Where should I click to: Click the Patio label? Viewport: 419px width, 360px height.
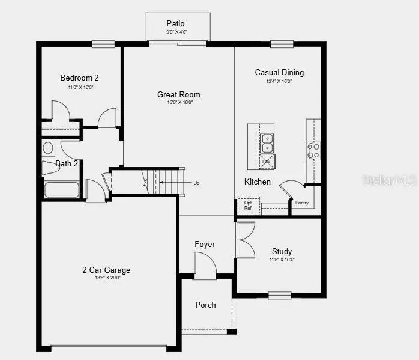176,23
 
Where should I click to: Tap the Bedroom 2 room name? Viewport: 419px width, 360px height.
79,78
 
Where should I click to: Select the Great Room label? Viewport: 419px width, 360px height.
179,94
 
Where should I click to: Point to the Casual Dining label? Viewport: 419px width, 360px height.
279,72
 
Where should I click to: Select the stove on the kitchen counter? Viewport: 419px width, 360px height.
313,151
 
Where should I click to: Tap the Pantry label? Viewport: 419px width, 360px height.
301,203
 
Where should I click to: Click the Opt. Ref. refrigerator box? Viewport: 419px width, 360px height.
248,205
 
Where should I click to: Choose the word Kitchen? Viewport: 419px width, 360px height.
257,182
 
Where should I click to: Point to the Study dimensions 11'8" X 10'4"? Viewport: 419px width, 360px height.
282,260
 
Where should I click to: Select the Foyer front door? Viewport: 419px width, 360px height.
204,265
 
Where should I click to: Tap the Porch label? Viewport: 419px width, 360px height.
205,305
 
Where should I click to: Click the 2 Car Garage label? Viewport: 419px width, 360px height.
106,270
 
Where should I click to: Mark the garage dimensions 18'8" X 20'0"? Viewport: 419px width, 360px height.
106,278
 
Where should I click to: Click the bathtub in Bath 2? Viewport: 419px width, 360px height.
61,189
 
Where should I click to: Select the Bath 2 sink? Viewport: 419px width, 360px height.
48,148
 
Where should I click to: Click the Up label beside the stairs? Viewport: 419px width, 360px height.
196,183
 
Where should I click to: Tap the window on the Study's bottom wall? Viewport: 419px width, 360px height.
279,294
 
